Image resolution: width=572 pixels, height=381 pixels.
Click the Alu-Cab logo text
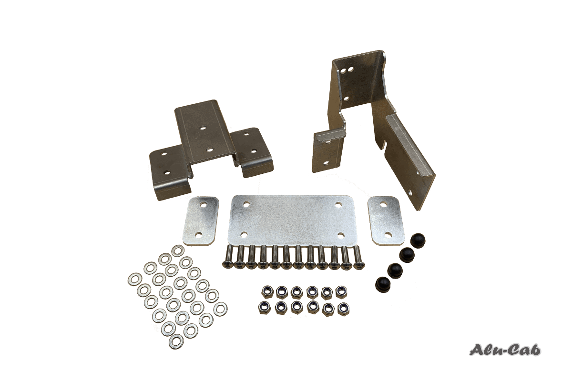pos(505,350)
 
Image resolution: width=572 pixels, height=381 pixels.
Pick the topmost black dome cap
pos(418,239)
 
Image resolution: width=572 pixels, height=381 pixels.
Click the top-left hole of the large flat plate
pos(246,204)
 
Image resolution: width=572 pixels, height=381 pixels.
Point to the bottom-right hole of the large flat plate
pos(341,236)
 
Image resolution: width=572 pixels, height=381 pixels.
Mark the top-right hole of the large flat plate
pos(338,205)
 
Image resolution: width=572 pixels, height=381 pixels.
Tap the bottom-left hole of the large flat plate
pos(244,234)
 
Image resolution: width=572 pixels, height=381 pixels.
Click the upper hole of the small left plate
pos(204,205)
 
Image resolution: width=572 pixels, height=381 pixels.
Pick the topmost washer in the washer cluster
pos(178,251)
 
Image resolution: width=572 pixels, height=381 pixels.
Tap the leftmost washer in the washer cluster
pos(134,279)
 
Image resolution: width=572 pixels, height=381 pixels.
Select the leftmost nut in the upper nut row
pos(266,291)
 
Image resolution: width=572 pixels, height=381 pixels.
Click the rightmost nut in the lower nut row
pos(342,309)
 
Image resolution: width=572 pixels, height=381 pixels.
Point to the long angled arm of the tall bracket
pos(410,157)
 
